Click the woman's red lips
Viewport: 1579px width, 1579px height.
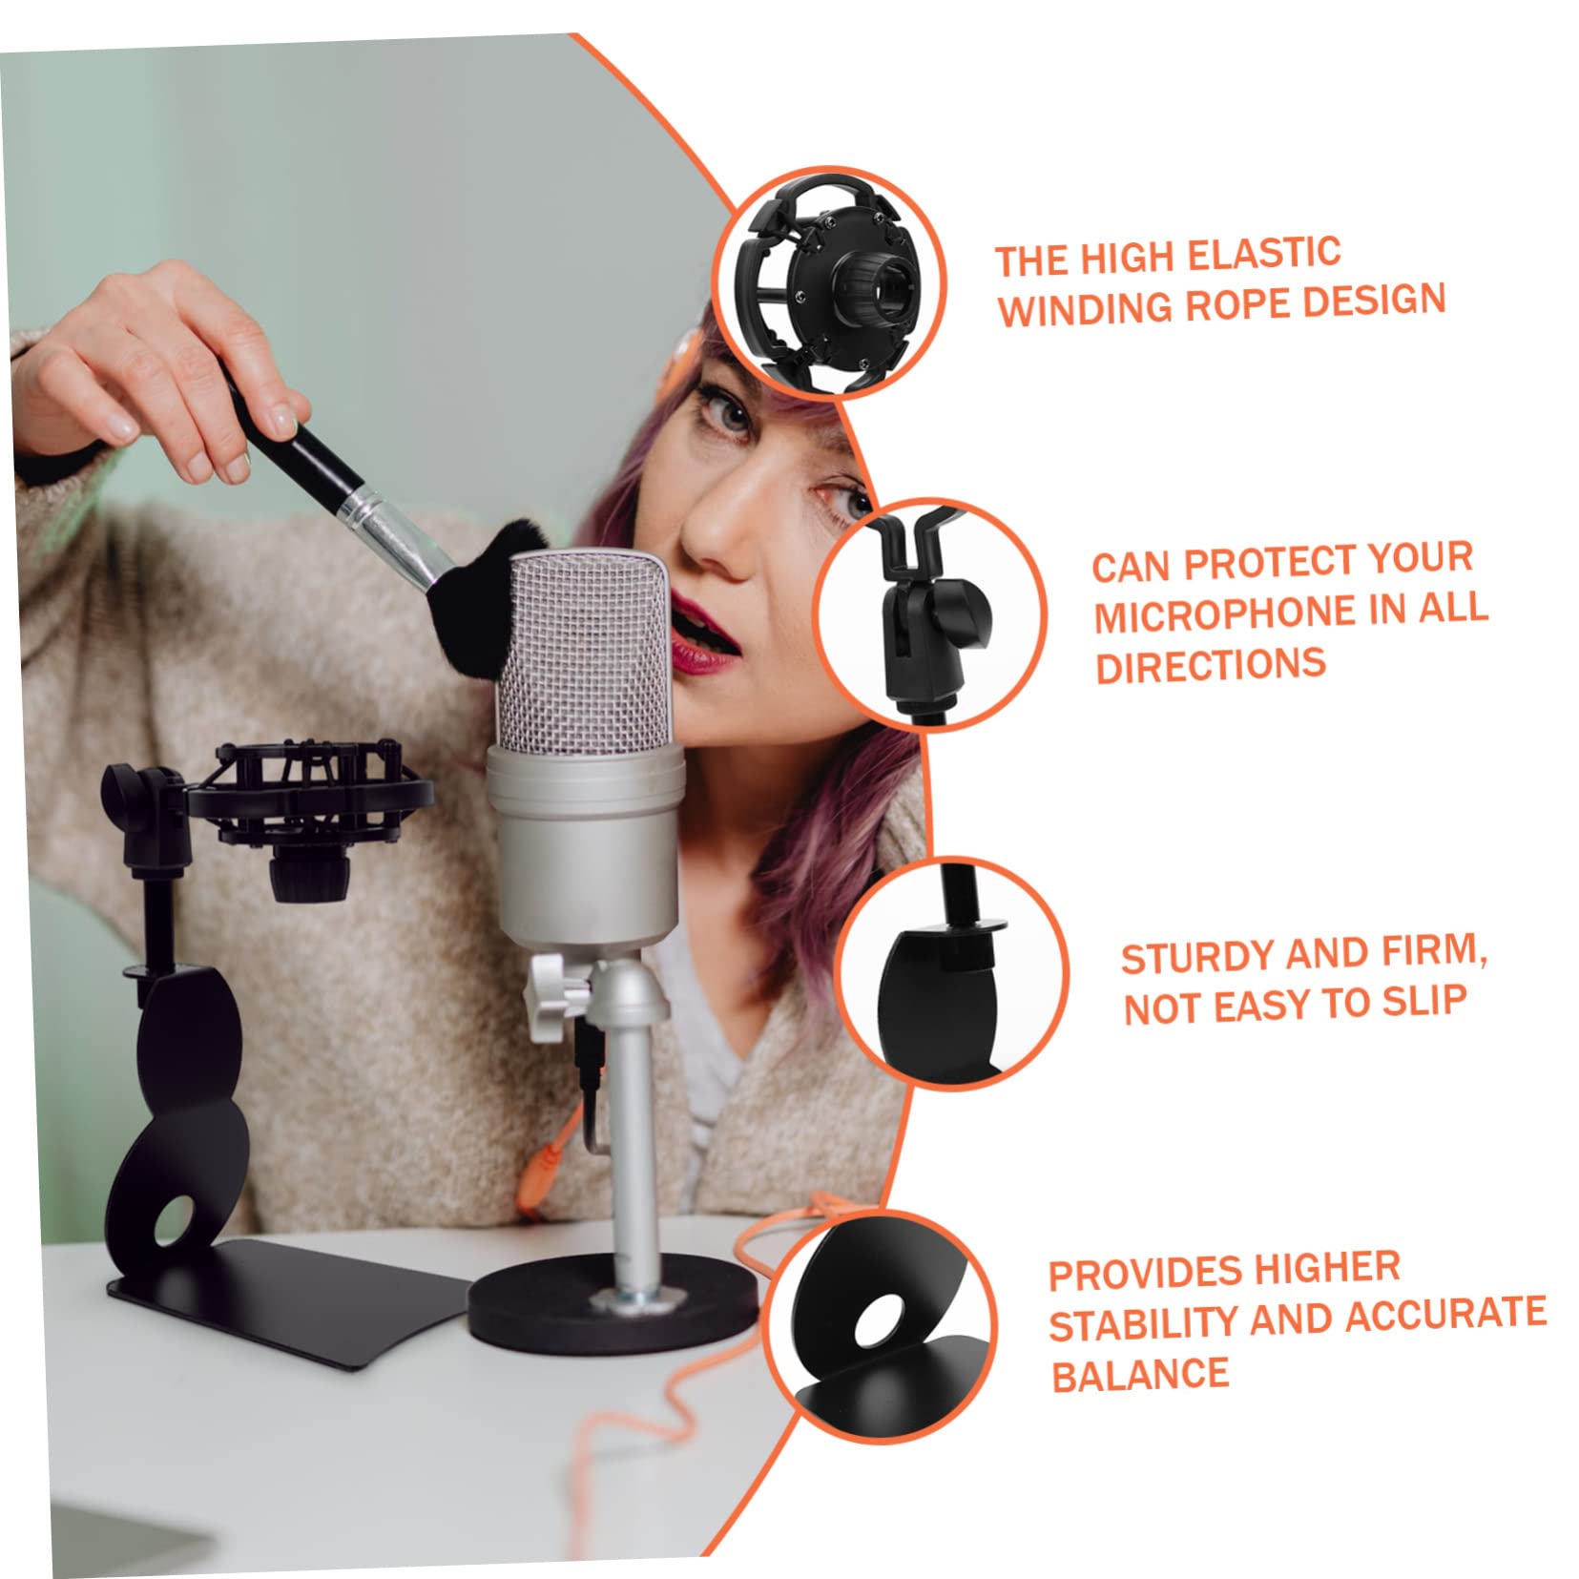704,625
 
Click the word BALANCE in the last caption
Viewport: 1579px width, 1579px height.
1139,1375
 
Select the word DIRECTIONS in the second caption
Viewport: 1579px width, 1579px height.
1210,665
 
